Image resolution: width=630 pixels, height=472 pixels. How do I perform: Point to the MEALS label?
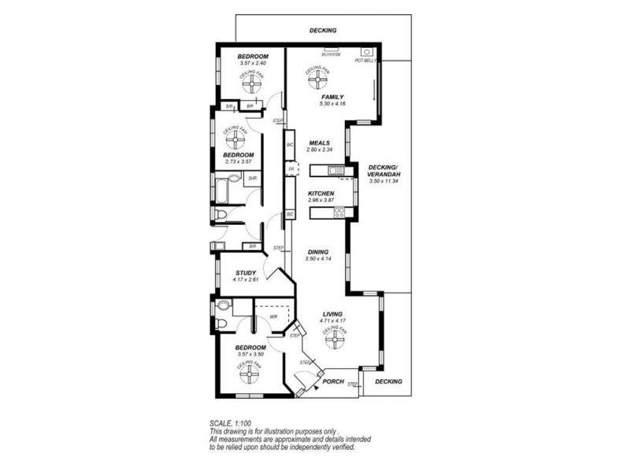[x=319, y=143]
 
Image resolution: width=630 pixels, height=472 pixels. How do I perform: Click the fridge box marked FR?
[x=291, y=170]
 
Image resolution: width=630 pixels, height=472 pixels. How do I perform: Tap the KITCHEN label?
[x=321, y=194]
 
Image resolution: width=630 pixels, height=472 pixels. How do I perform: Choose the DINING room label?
[x=318, y=252]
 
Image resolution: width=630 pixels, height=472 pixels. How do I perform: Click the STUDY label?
[x=246, y=273]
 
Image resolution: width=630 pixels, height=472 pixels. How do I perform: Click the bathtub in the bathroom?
[x=226, y=188]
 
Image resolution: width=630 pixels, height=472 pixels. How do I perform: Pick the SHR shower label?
[x=252, y=179]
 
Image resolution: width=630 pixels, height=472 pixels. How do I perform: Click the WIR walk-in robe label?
[x=272, y=317]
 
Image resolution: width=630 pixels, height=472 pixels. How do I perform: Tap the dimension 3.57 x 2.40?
[x=253, y=63]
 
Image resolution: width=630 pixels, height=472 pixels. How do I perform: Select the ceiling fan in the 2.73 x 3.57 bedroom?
[x=235, y=139]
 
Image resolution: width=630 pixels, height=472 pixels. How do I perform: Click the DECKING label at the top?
[x=323, y=30]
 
